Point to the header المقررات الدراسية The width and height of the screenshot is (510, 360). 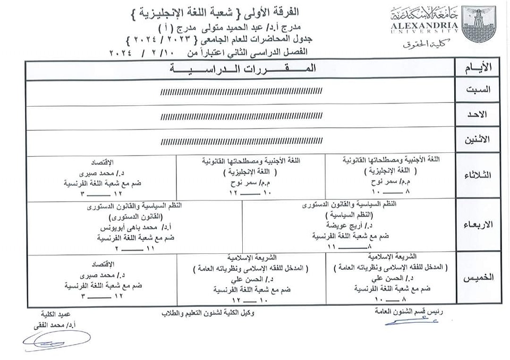(242, 68)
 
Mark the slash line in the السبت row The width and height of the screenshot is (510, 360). (242, 91)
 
